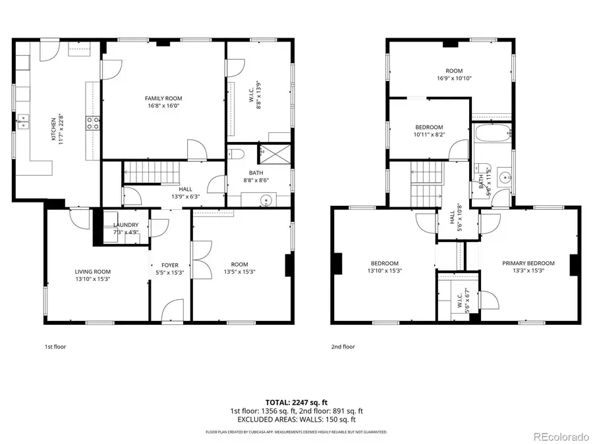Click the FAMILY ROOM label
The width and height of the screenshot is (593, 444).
click(x=163, y=99)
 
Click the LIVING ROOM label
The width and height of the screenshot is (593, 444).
click(x=92, y=272)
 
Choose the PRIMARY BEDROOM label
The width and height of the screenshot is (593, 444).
click(x=528, y=263)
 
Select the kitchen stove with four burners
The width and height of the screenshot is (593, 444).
click(x=92, y=122)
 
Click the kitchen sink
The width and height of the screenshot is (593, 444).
click(x=25, y=120)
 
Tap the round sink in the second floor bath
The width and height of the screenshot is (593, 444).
click(x=505, y=177)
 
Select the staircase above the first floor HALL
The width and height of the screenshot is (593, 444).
click(x=152, y=172)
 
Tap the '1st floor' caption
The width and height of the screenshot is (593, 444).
click(x=55, y=347)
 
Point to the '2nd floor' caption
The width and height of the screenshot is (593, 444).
click(x=343, y=347)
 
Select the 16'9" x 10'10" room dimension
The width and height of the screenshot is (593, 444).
click(x=453, y=78)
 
